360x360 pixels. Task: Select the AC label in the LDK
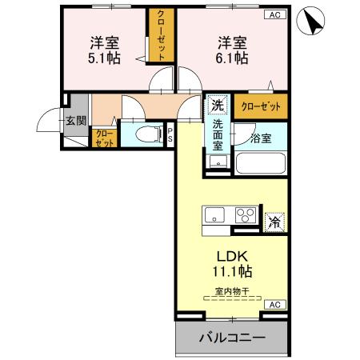click(274, 305)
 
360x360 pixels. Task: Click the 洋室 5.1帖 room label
click(105, 50)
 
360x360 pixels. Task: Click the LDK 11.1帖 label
click(233, 263)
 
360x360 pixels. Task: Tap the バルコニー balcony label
click(232, 338)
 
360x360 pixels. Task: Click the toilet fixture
click(143, 134)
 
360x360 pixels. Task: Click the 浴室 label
click(261, 138)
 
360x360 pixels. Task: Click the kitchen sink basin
click(215, 215)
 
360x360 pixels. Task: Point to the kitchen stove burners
click(246, 215)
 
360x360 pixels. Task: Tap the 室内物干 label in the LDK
click(232, 292)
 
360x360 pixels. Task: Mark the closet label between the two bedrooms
click(161, 34)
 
